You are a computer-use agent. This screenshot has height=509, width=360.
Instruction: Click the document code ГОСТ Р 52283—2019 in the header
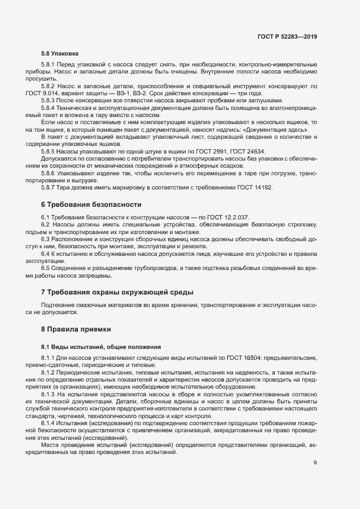click(287, 36)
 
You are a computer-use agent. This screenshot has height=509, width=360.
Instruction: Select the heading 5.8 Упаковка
click(60, 54)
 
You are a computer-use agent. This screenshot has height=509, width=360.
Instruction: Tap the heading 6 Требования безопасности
click(91, 205)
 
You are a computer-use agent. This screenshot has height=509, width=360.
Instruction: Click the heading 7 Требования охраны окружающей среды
click(117, 292)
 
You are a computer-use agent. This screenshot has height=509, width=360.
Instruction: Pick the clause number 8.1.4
click(49, 423)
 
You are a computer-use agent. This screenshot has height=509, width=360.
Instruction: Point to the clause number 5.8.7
click(49, 187)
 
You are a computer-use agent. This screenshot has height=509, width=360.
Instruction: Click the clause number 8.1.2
click(49, 372)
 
